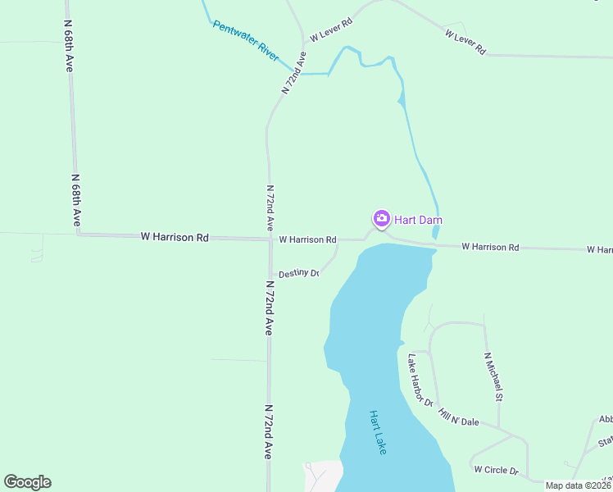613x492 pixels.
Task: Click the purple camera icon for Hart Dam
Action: point(381,218)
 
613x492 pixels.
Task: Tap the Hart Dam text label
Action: point(419,220)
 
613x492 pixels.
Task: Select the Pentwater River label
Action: point(246,37)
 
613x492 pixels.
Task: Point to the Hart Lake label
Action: point(377,432)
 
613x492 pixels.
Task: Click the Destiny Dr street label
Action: point(298,273)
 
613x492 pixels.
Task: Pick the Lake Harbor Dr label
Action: point(420,379)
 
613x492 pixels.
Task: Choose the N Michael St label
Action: point(493,376)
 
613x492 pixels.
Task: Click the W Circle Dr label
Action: point(497,470)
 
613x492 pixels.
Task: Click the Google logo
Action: point(27,482)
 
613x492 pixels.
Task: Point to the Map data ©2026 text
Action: point(577,485)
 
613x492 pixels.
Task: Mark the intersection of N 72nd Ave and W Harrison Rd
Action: point(270,239)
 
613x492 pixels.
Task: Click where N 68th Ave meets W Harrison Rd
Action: point(79,235)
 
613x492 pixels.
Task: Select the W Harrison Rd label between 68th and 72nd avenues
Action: point(175,237)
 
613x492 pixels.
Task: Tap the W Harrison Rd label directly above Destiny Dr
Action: point(307,239)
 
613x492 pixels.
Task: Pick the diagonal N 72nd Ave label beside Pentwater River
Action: point(294,73)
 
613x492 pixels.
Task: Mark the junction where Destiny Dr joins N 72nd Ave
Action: point(270,276)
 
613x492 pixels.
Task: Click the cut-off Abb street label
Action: point(606,419)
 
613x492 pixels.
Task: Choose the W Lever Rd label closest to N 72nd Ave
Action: point(330,30)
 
